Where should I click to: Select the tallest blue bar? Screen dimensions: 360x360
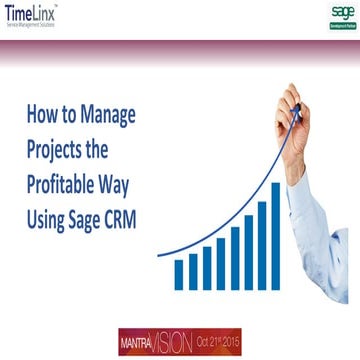click(276, 234)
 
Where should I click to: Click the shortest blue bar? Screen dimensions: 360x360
click(179, 274)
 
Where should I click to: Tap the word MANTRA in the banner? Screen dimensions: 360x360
click(137, 342)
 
